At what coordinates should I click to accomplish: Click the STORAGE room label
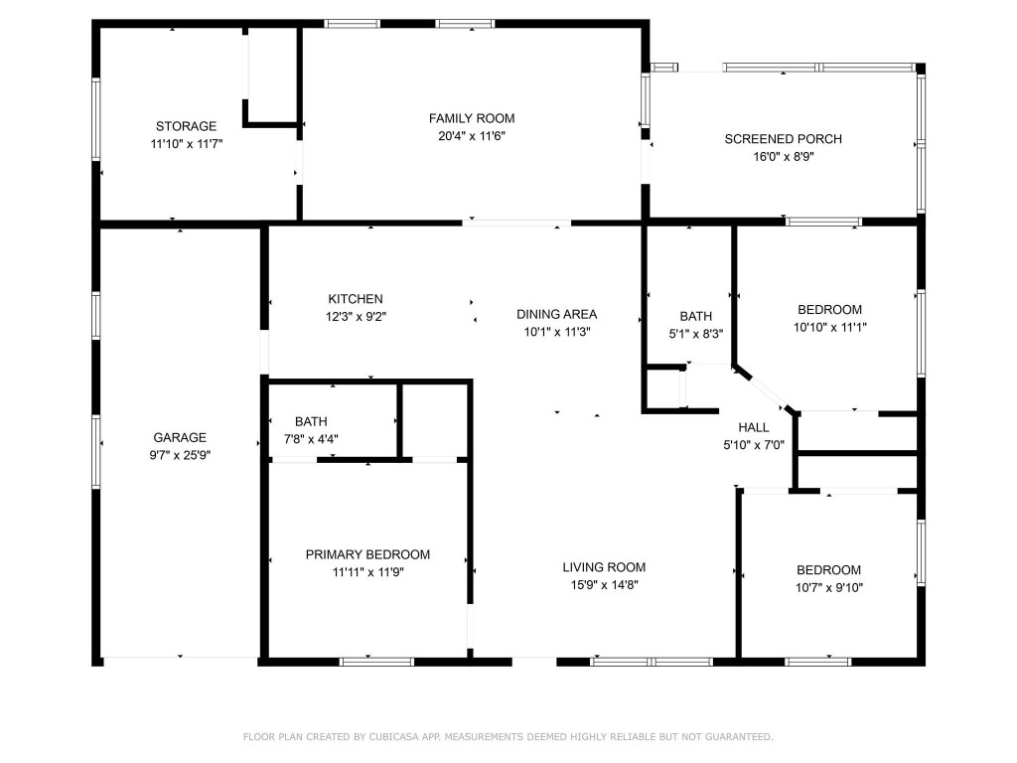pos(186,126)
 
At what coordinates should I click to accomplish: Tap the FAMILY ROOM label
pos(472,118)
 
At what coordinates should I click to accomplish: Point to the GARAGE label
pos(180,437)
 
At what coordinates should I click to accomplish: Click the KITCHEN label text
pos(356,299)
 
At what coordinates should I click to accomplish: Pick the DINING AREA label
pos(556,314)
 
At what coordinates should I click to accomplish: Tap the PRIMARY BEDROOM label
pos(367,554)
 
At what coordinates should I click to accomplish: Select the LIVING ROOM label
pos(604,567)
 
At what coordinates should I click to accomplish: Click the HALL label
pos(754,427)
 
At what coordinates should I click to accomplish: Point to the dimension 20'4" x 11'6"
pos(472,136)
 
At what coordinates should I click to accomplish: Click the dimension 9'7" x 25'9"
pos(180,455)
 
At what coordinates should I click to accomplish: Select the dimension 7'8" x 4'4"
pos(311,439)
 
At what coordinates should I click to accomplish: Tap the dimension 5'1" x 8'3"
pos(695,335)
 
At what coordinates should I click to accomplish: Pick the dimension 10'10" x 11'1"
pos(828,327)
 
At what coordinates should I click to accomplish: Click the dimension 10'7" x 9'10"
pos(828,587)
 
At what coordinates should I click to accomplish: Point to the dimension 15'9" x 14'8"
pos(604,585)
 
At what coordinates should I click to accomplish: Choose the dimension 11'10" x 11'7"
pos(186,144)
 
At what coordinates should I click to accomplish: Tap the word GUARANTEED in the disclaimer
pos(739,736)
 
